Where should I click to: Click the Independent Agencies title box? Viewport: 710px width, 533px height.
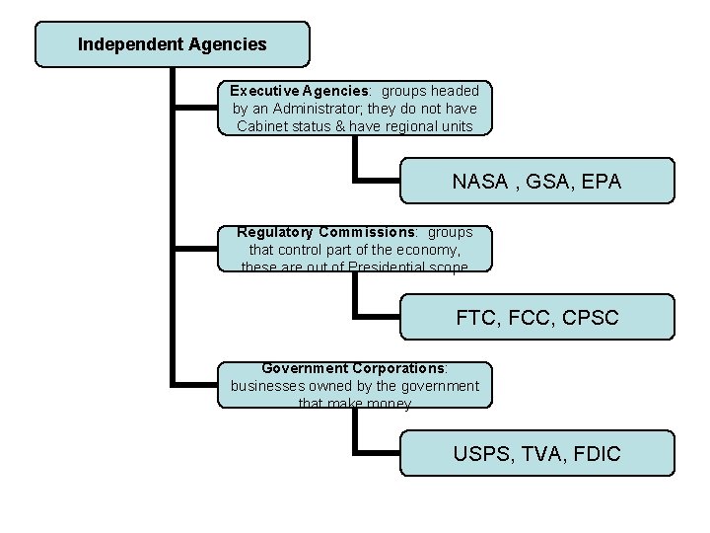(x=172, y=44)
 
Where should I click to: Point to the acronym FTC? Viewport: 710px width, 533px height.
(x=478, y=318)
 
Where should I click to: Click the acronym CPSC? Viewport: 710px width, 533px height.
(x=593, y=318)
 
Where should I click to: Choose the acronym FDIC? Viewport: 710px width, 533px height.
(x=597, y=454)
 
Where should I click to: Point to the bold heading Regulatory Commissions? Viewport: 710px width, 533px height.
(x=327, y=233)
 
